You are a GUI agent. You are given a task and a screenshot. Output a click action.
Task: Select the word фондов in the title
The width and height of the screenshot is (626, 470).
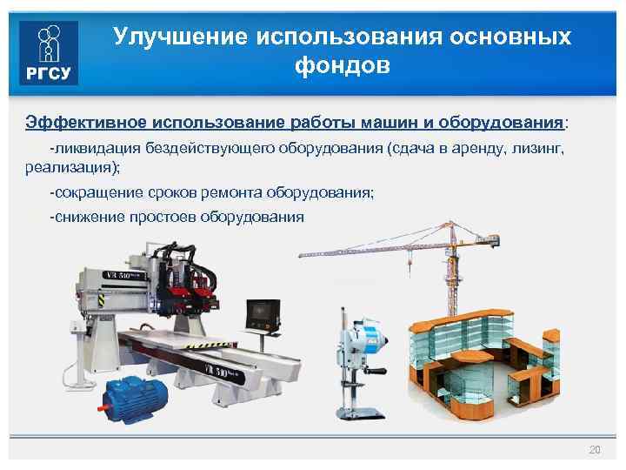pos(343,66)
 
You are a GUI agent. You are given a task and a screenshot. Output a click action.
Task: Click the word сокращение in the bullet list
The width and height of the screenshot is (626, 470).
pos(96,192)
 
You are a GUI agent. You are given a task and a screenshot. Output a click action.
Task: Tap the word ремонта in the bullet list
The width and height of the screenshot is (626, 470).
pos(237,192)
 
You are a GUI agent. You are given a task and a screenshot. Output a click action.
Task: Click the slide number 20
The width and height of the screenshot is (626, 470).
pos(595,450)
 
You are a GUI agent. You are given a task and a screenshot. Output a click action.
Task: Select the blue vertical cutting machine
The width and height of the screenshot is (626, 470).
pos(356,361)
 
